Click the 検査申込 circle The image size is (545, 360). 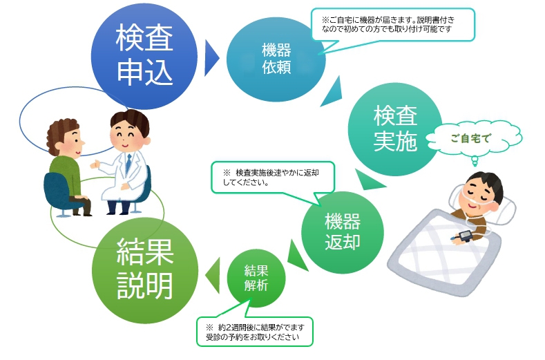144,57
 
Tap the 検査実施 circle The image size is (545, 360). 395,129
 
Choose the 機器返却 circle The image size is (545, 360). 343,232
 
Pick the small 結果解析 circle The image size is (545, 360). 256,278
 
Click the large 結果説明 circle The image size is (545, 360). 145,271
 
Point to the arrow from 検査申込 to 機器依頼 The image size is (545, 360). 211,58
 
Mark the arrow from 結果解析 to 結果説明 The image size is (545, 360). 213,275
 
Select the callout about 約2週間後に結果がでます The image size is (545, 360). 255,332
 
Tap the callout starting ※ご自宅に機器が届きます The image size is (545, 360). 393,25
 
